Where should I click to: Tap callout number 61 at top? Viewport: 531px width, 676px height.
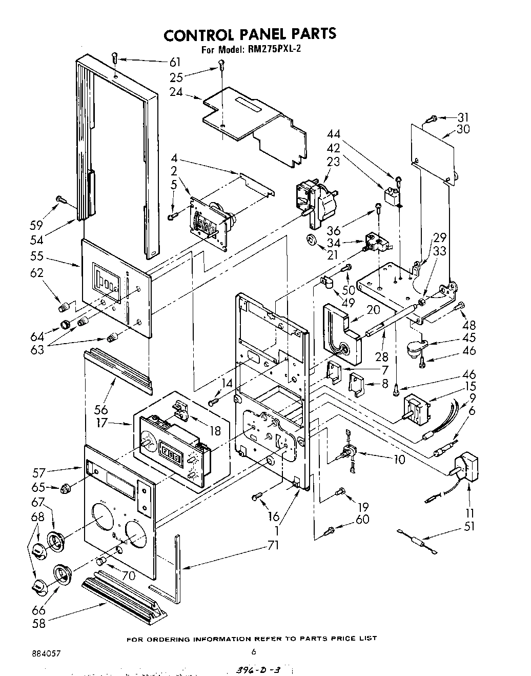click(175, 62)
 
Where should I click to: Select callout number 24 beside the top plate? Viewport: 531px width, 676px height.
click(176, 93)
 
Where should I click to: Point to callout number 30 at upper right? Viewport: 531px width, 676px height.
click(463, 130)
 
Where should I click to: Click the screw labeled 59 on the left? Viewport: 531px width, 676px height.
click(60, 199)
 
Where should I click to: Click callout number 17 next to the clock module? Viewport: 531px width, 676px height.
click(102, 424)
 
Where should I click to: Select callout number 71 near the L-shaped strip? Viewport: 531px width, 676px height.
click(273, 546)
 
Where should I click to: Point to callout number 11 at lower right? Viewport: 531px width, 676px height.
click(470, 512)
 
